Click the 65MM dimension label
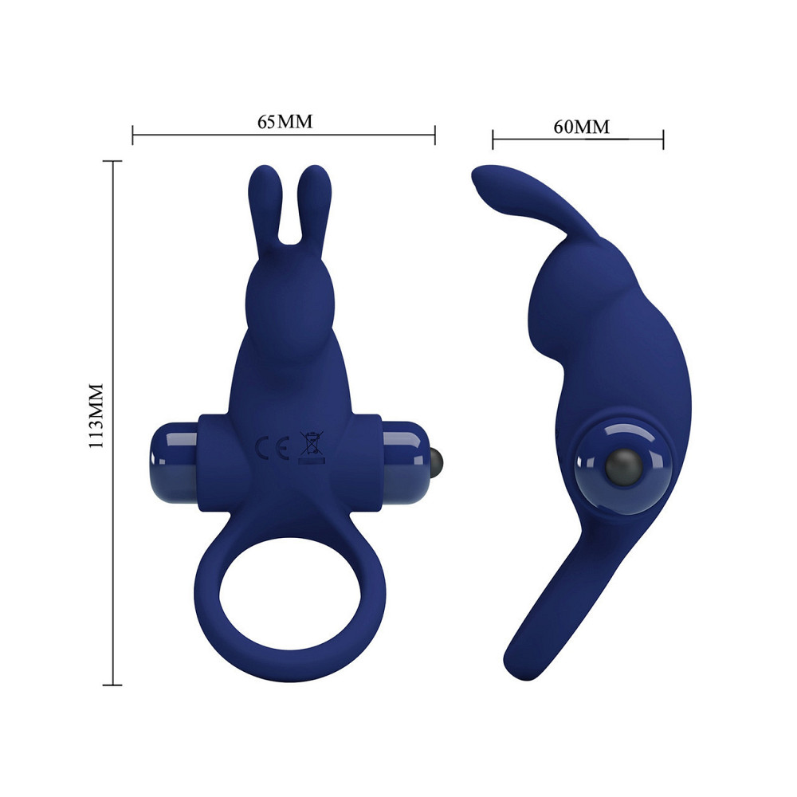pos(285,122)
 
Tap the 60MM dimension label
pos(582,127)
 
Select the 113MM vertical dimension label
pos(96,416)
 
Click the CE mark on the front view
pos(272,447)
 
